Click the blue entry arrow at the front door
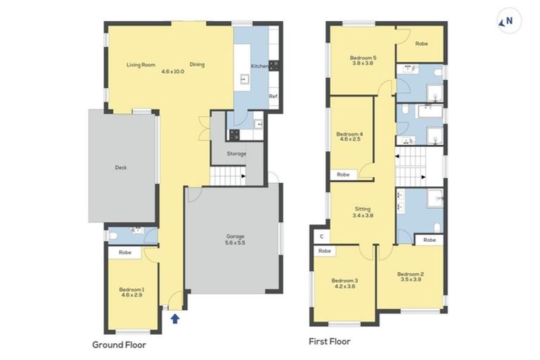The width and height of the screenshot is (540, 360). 175,319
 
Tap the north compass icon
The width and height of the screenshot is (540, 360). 509,20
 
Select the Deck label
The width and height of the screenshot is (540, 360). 121,167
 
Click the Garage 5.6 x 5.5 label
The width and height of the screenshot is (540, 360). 236,240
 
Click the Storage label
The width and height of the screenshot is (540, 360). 236,154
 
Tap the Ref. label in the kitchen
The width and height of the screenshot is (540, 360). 274,96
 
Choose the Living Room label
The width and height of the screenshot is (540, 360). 141,65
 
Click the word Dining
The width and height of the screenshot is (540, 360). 197,65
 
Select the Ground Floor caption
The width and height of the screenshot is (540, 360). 119,345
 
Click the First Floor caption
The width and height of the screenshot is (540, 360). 330,342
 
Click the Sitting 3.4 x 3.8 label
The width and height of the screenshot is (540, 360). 363,212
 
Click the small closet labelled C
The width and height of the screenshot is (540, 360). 321,236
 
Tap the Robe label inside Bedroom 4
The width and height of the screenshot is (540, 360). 343,174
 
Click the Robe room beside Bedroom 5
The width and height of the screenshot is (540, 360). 420,44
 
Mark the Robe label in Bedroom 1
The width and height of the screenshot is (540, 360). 125,252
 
